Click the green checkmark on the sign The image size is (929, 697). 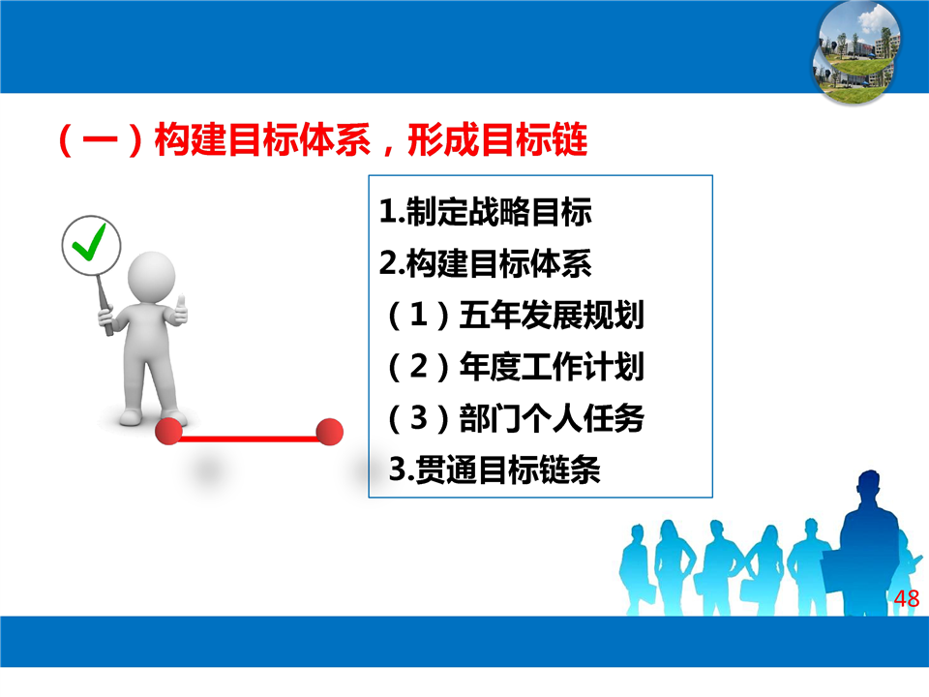89,241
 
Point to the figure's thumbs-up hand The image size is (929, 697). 178,311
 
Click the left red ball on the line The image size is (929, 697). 168,431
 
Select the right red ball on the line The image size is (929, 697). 329,432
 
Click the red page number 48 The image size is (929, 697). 907,598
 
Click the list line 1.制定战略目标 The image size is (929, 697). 485,212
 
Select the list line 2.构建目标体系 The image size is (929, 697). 485,263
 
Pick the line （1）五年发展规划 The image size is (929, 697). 515,315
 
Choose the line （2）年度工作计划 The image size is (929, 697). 515,366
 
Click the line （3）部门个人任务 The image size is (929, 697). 515,418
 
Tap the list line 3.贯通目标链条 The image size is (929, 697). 494,470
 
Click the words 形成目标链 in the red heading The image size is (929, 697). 497,139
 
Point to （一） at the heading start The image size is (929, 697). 101,139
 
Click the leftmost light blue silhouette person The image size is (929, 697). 638,569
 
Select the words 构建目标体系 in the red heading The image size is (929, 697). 262,139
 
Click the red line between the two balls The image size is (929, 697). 249,439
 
